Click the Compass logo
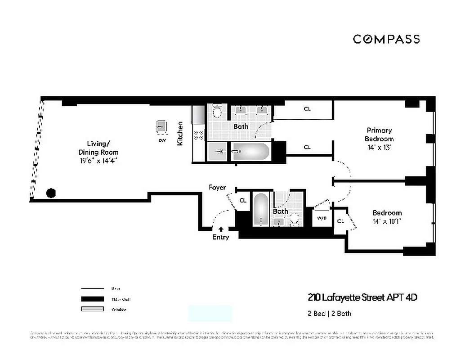coord(386,39)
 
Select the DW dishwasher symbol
coord(161,127)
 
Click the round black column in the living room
coord(51,193)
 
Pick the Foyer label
coord(217,187)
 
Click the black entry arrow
coord(220,229)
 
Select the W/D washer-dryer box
coord(322,218)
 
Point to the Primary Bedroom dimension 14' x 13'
coord(379,147)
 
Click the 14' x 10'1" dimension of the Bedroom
coord(387,221)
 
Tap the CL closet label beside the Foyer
coord(243,200)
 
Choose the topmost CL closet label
coord(307,109)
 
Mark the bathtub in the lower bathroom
coord(260,209)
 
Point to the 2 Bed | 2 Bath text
coord(330,313)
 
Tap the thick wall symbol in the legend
coord(92,299)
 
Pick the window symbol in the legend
coord(92,309)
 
